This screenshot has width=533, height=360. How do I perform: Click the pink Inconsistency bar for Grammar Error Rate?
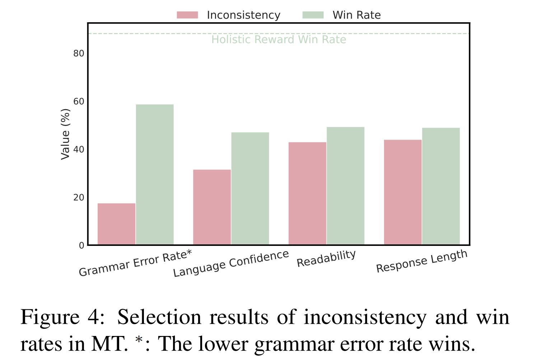[117, 224]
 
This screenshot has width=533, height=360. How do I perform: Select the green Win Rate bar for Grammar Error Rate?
[155, 175]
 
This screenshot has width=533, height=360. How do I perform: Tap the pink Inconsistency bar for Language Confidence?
[212, 207]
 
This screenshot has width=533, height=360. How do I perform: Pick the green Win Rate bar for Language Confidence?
[250, 188]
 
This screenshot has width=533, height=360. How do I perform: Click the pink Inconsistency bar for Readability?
[308, 193]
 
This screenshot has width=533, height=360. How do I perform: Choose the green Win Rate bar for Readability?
[346, 186]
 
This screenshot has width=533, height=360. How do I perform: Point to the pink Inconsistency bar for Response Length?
[403, 192]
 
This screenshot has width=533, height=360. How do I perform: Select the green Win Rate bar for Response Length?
[441, 186]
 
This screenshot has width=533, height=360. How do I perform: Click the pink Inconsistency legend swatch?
[187, 15]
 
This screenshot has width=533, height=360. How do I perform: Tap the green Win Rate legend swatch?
[313, 15]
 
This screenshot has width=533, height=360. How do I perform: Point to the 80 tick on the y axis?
[79, 53]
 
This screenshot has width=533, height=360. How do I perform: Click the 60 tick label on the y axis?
[79, 102]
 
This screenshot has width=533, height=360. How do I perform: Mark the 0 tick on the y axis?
[81, 246]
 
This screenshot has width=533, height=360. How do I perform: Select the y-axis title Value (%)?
[65, 134]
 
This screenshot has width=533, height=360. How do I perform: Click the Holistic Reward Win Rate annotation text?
[279, 39]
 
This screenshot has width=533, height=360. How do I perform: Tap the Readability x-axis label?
[326, 258]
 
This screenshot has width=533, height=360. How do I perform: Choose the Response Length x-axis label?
[422, 261]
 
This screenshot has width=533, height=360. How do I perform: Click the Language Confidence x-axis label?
[231, 263]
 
